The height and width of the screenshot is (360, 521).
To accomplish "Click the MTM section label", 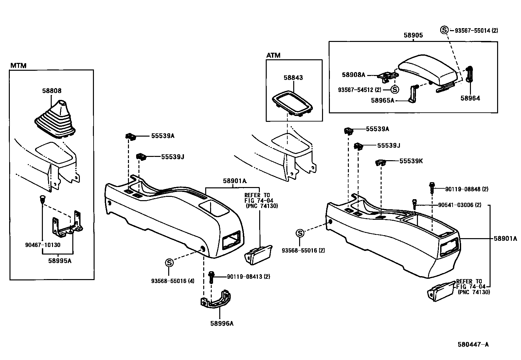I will [x=18, y=66].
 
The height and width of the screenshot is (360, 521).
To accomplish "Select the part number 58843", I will [x=293, y=78].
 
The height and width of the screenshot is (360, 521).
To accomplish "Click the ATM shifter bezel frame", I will [x=292, y=103].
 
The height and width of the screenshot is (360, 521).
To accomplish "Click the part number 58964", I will [x=470, y=98].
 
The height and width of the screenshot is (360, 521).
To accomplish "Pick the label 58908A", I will [x=353, y=75].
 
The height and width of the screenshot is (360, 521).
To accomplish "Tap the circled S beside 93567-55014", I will [x=444, y=30].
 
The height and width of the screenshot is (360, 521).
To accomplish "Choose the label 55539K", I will [x=411, y=161].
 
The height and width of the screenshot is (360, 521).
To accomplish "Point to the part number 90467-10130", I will [x=43, y=245].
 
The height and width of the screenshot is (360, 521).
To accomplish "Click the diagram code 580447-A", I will [x=473, y=344].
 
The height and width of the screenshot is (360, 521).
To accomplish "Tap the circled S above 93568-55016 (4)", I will [x=169, y=262].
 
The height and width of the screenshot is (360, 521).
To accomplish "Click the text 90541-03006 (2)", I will [x=459, y=205].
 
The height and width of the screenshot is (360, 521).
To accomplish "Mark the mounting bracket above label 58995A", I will [x=67, y=224].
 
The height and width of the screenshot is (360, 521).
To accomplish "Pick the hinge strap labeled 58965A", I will [x=413, y=94].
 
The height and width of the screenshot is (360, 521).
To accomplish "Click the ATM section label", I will [x=273, y=55].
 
